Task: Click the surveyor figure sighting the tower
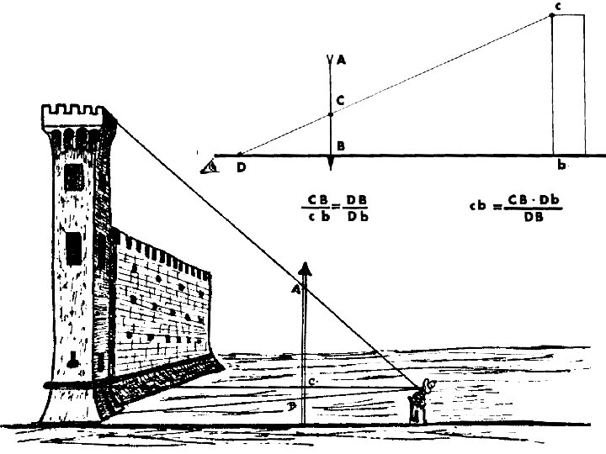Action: tap(417, 404)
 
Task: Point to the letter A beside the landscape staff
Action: tap(296, 289)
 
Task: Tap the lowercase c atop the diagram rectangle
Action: tap(558, 7)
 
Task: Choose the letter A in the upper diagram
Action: tap(340, 61)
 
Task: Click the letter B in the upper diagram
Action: tap(340, 146)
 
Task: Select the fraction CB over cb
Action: tap(317, 208)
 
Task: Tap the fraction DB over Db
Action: tap(357, 208)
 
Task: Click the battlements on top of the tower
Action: tap(74, 112)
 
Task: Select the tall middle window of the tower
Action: tap(73, 247)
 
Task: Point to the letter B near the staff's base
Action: tap(291, 406)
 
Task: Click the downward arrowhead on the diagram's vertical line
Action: tap(331, 163)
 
